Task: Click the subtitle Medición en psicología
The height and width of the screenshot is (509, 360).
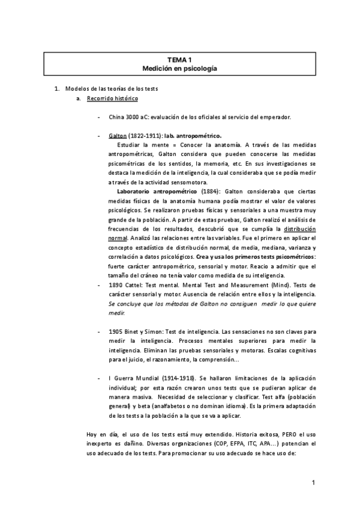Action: [180, 68]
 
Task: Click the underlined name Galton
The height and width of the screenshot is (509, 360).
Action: [118, 136]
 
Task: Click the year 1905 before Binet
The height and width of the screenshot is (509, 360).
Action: [116, 331]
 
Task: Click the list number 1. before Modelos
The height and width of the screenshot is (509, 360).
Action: [57, 88]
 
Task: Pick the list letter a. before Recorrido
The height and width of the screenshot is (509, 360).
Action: [79, 98]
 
